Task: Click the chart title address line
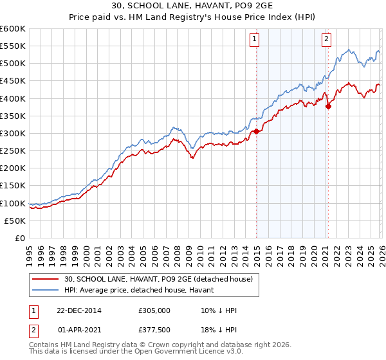pos(192,6)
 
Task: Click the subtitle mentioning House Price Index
pos(192,17)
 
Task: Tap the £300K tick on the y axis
pos(13,133)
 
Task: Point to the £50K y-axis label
pos(15,221)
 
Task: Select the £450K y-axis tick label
pos(13,81)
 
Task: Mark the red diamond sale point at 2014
pos(256,131)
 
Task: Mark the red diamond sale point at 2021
pos(328,106)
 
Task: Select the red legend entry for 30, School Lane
pos(160,278)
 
